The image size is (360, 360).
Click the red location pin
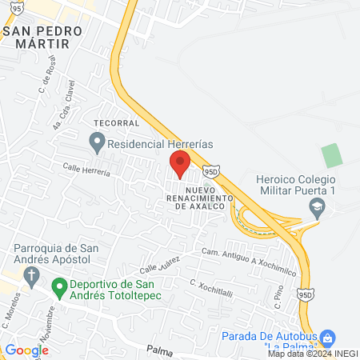pyautogui.click(x=179, y=164)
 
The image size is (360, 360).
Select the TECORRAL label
pyautogui.click(x=114, y=123)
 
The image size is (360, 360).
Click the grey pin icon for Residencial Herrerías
pyautogui.click(x=97, y=144)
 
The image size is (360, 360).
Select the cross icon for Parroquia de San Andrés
pyautogui.click(x=32, y=278)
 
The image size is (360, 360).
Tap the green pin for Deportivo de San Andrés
pyautogui.click(x=58, y=286)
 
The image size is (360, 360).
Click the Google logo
pyautogui.click(x=26, y=350)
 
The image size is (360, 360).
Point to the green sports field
pyautogui.click(x=331, y=155)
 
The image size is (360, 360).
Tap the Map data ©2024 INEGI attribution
pyautogui.click(x=312, y=354)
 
